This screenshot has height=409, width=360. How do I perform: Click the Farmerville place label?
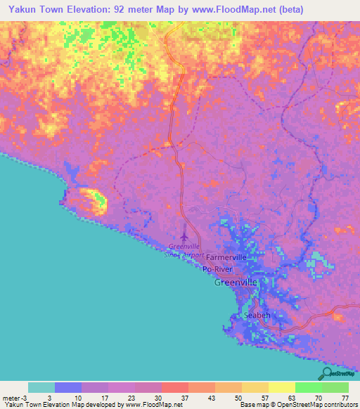pyautogui.click(x=226, y=257)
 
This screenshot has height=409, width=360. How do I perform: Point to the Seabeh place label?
pyautogui.click(x=257, y=316)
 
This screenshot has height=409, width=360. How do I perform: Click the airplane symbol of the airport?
pyautogui.click(x=186, y=236)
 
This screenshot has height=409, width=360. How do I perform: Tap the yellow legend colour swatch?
pyautogui.click(x=281, y=387)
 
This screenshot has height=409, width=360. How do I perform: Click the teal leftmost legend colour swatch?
pyautogui.click(x=41, y=387)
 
